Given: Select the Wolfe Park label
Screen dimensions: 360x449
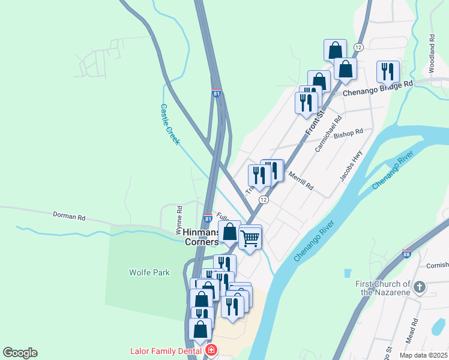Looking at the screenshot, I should pos(149,272).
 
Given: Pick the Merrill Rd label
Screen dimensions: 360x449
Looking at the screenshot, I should pos(301,179).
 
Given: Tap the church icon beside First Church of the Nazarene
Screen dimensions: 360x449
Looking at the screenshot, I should pos(420,287).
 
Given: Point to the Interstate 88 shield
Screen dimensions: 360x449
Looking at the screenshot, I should pos(407,254).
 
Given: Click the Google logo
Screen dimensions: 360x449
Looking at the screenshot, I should pos(20,353).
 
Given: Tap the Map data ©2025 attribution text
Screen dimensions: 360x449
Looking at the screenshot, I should pos(424,355).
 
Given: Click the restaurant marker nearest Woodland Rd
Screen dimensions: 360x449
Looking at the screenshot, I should pos(388,71).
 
